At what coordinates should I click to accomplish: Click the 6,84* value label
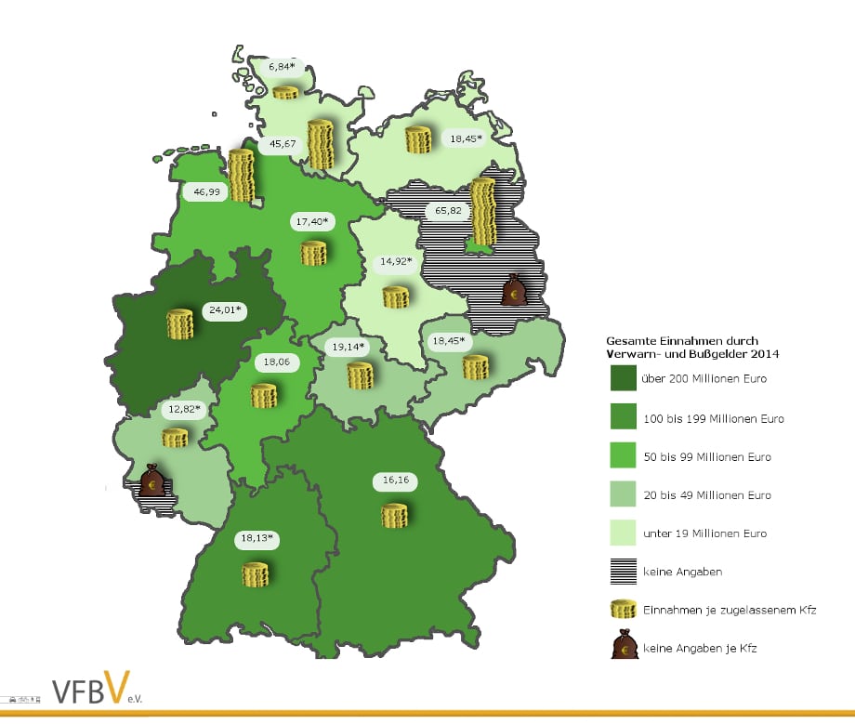pos(283,68)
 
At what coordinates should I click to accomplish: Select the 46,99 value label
pos(206,192)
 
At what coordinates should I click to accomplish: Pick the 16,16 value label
pos(396,480)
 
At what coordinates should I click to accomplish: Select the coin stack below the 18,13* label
pos(255,573)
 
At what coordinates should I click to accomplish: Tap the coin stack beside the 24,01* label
pos(179,323)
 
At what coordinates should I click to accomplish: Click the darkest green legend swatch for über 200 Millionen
pos(624,379)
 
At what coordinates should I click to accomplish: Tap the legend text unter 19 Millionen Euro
pos(704,533)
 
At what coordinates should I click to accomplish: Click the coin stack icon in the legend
pos(623,609)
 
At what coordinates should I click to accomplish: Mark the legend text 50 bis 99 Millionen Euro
pos(706,457)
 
